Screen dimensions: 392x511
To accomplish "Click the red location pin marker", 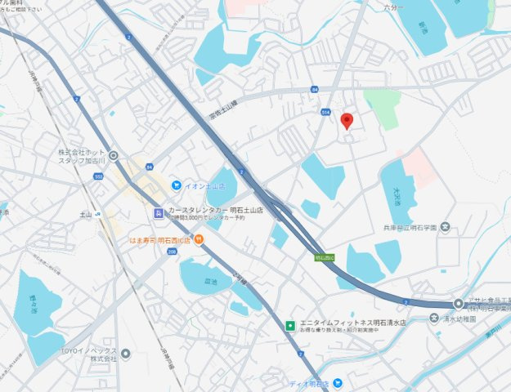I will [x=347, y=122].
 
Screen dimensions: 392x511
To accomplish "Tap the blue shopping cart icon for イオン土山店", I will [x=175, y=185].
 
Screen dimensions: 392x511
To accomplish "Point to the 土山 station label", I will [x=85, y=214].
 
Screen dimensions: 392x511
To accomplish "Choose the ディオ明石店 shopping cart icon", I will [x=337, y=383].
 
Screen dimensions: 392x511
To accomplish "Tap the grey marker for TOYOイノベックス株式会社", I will [x=125, y=353].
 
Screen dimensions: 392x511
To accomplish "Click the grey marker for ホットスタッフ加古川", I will [x=113, y=155].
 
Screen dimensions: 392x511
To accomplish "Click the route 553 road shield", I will [x=99, y=176].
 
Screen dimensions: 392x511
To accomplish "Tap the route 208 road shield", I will [x=172, y=252].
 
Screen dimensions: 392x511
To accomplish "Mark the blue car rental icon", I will [x=159, y=213].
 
